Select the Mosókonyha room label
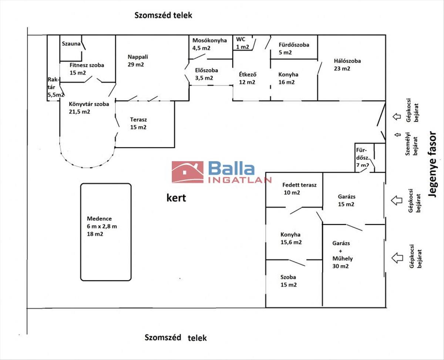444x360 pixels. [209, 44]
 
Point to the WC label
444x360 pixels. [241, 42]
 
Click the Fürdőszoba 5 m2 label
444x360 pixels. [294, 48]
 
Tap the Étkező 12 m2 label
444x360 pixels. [247, 78]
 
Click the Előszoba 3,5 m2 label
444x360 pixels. [206, 74]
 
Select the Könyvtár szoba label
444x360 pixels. [89, 107]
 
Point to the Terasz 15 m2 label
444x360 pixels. [138, 123]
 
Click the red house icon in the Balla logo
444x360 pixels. [188, 172]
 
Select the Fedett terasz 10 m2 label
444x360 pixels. [299, 189]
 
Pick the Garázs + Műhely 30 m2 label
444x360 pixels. [341, 255]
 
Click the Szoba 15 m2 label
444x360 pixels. [289, 281]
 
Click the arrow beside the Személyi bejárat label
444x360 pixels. [398, 134]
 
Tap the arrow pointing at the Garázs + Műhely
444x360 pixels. [397, 257]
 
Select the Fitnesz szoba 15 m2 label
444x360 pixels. [87, 69]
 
